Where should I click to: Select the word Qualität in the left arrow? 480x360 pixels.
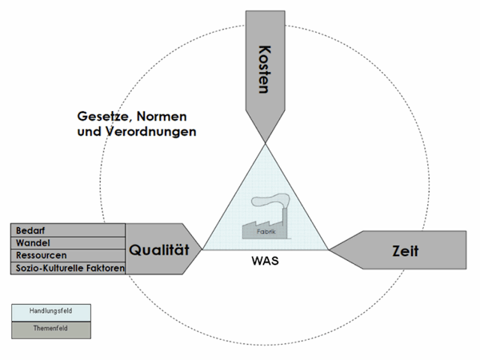(x=159, y=250)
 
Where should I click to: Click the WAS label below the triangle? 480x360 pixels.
(x=265, y=262)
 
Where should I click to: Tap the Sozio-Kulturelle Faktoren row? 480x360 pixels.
(x=69, y=268)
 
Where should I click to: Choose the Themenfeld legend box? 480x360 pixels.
(x=50, y=328)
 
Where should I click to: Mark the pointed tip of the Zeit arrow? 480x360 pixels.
(x=330, y=250)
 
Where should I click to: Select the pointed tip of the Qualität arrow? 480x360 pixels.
(x=202, y=249)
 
